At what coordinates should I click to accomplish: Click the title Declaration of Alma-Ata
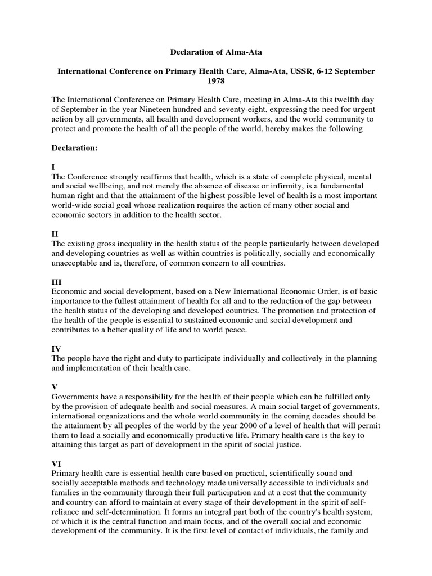pos(217,52)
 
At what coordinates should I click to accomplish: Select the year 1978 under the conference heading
pos(217,82)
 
